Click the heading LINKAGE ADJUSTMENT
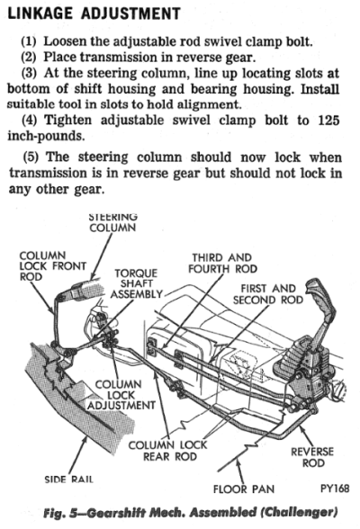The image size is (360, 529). (x=94, y=13)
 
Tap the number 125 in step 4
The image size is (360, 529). (x=328, y=121)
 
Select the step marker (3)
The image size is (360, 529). (x=31, y=73)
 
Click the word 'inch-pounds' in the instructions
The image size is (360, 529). (x=46, y=136)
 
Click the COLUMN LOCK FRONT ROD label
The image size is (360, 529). (x=52, y=266)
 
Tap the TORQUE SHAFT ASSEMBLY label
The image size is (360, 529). (x=136, y=283)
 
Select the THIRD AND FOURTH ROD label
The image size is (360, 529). (x=222, y=263)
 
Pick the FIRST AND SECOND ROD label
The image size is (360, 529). (x=268, y=294)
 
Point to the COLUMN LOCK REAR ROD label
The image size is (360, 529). (x=167, y=451)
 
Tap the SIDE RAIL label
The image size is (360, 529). (x=68, y=479)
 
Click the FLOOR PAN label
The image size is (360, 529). (x=244, y=489)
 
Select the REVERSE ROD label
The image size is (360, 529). (x=312, y=457)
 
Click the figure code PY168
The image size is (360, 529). (x=335, y=489)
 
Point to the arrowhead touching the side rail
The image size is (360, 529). (x=85, y=440)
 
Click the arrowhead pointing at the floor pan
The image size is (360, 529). (x=238, y=463)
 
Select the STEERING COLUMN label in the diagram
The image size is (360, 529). (x=112, y=222)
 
